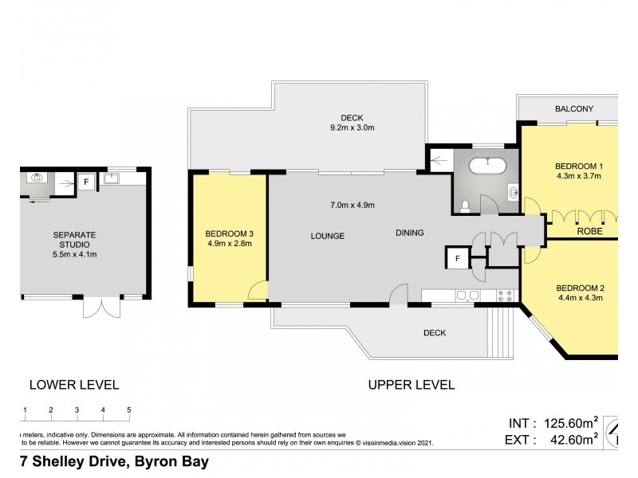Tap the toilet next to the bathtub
click(465, 207)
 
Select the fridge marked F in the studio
click(88, 181)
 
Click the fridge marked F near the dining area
click(457, 258)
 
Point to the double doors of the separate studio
click(100, 307)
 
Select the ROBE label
click(589, 233)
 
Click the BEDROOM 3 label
click(229, 233)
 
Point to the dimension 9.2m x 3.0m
click(352, 128)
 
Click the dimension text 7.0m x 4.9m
click(352, 205)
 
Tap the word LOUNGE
click(327, 236)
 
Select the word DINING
click(410, 233)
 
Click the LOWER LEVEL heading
click(73, 385)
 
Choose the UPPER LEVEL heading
click(411, 385)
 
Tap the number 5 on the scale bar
click(129, 409)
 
